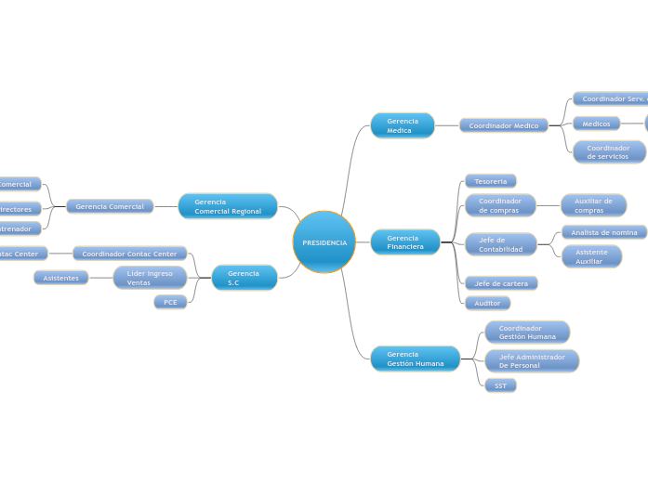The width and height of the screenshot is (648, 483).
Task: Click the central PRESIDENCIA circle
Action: pos(324,242)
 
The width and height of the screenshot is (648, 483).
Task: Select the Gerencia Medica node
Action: pos(403,125)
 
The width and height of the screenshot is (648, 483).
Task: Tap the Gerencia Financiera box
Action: pos(405,242)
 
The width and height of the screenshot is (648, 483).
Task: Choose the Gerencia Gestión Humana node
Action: pos(416,359)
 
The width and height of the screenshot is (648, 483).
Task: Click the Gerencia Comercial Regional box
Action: pos(228,206)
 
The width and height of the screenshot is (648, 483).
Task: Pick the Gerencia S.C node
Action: pos(245,278)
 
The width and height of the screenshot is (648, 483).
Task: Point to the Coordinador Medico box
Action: pos(504,125)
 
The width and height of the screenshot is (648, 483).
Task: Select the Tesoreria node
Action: pos(491,181)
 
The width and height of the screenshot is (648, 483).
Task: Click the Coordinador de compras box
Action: pos(500,205)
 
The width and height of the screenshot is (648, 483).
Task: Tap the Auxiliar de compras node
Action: pos(593,205)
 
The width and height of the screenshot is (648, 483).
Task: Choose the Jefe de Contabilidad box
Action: pos(501,244)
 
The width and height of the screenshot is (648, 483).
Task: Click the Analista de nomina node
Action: pos(604,232)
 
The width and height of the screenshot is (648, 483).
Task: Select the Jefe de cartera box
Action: pos(501,283)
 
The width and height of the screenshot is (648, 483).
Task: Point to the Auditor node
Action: pos(488,303)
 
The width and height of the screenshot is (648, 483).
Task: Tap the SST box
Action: pos(500,385)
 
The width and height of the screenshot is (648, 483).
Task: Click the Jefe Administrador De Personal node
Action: pos(532,361)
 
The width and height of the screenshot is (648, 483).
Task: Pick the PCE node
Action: pos(170,302)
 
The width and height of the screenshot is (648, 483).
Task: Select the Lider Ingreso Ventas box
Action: pos(150,278)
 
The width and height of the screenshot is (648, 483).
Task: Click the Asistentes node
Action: pos(61,278)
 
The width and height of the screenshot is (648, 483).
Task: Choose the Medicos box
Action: pos(597,124)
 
